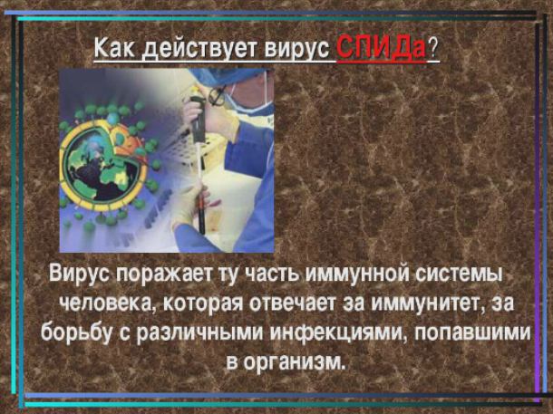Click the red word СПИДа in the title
[382, 49]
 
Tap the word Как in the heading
[114, 48]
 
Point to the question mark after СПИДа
[432, 49]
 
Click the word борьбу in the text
[77, 332]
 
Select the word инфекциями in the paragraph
[335, 332]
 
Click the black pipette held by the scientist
[199, 159]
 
